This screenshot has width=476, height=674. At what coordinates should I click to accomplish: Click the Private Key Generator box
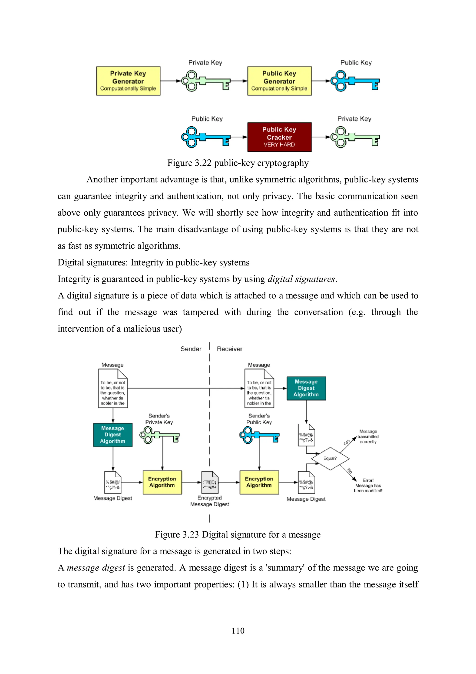128,81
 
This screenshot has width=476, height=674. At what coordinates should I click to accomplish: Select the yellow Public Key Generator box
279,81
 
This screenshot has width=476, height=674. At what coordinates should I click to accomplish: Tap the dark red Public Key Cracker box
279,137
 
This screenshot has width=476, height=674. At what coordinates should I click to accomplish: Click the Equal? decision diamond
330,458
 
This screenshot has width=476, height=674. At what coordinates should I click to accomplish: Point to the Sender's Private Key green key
159,435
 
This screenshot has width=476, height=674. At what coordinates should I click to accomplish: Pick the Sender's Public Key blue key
259,435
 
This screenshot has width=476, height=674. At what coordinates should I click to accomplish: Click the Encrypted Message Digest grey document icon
209,482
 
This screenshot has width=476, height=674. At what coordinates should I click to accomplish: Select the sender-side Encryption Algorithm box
162,482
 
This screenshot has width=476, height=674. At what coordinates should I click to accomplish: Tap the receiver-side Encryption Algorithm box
259,482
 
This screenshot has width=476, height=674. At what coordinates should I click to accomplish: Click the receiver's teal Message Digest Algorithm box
306,388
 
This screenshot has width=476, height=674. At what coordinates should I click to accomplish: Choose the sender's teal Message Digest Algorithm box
113,435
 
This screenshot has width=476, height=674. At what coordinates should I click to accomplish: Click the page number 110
238,630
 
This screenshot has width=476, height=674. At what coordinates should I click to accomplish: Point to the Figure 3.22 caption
238,163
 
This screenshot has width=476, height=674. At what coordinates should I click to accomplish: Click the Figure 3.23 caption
238,535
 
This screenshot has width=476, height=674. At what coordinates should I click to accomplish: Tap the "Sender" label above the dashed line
191,349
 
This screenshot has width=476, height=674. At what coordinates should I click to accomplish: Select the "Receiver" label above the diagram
230,349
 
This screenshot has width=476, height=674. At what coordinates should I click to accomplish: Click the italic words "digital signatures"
301,279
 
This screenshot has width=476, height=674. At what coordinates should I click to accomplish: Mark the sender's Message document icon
113,388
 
